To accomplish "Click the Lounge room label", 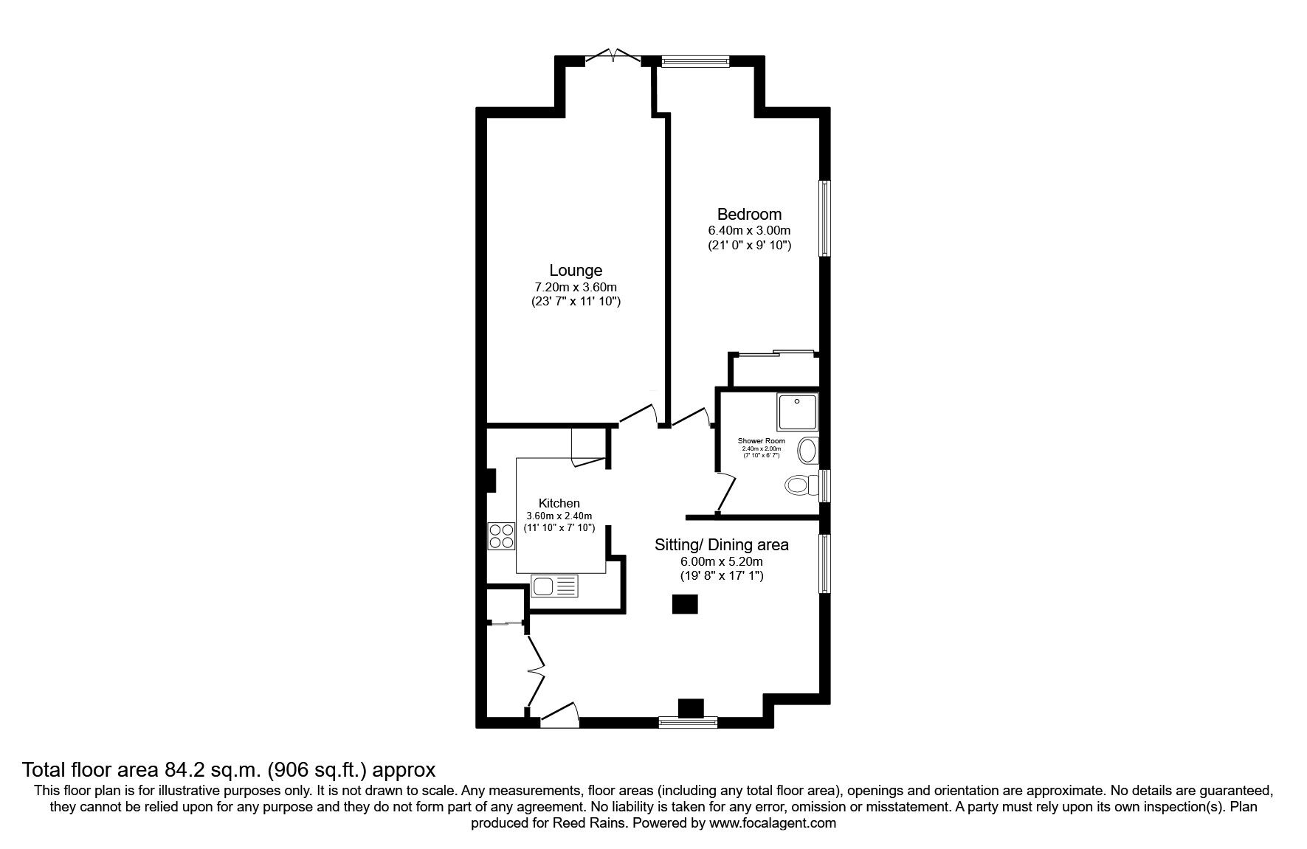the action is pyautogui.click(x=576, y=271).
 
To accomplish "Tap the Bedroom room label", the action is pyautogui.click(x=749, y=215).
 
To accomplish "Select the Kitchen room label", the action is pyautogui.click(x=559, y=504).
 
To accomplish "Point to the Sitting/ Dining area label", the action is pyautogui.click(x=722, y=545).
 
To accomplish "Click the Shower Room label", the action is pyautogui.click(x=762, y=441).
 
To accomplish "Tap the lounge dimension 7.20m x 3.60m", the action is pyautogui.click(x=576, y=287).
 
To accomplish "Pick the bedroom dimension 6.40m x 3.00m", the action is pyautogui.click(x=749, y=231).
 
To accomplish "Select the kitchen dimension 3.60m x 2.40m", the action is pyautogui.click(x=559, y=516).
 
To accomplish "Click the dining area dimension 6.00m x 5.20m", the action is pyautogui.click(x=722, y=561).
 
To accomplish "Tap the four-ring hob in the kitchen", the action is pyautogui.click(x=502, y=536).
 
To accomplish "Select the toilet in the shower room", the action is pyautogui.click(x=802, y=485).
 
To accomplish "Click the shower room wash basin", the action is pyautogui.click(x=810, y=450).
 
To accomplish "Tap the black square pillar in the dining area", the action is pyautogui.click(x=684, y=604).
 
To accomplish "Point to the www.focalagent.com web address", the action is pyautogui.click(x=773, y=823).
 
